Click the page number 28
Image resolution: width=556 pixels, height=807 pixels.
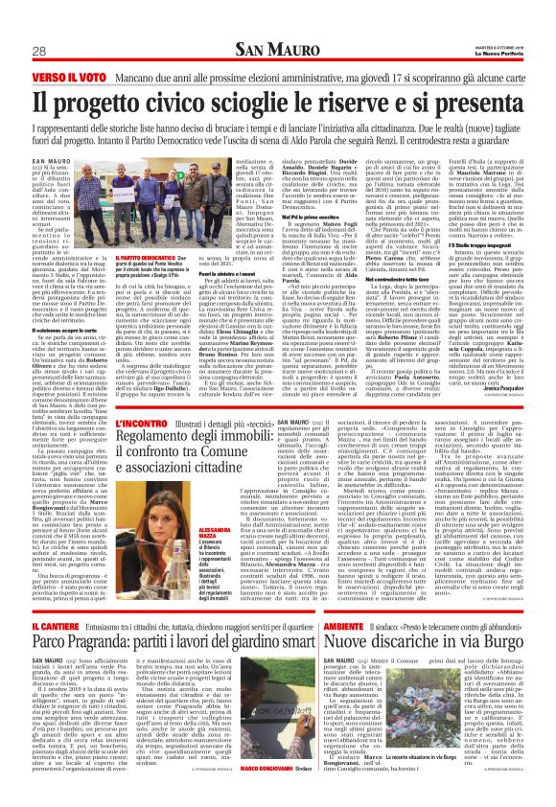click(x=39, y=50)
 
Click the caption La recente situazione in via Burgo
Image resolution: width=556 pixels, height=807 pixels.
click(x=432, y=795)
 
